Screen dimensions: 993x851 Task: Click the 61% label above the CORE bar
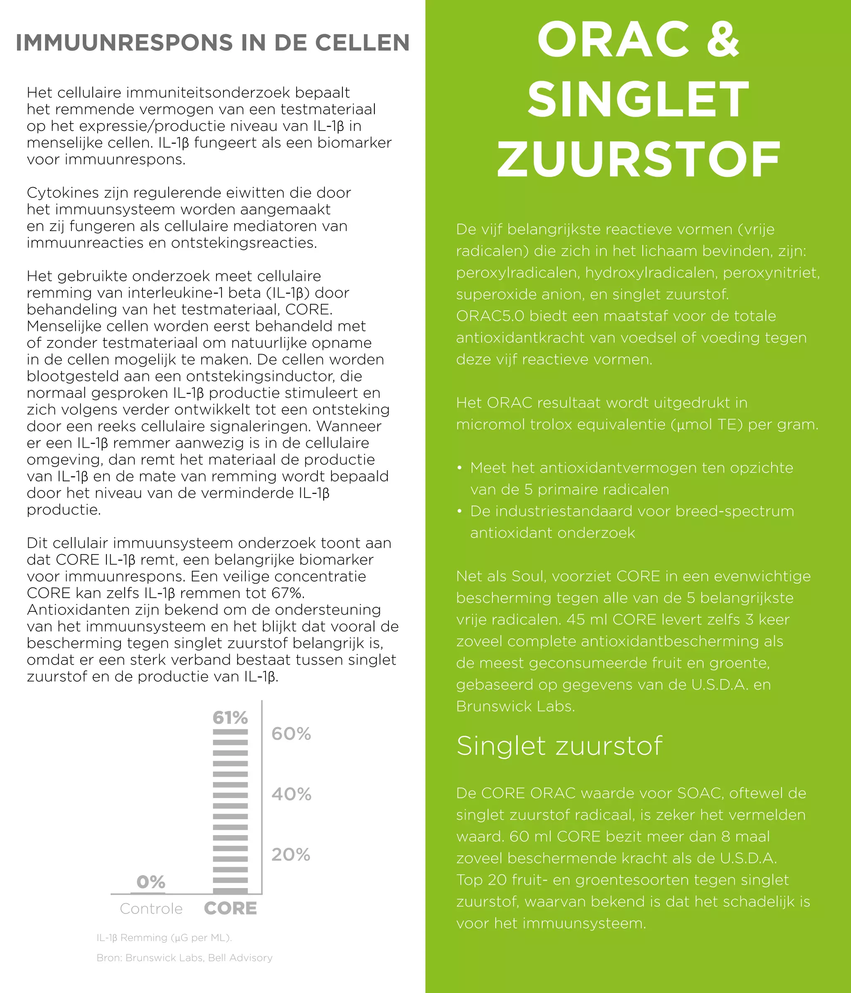coord(231,717)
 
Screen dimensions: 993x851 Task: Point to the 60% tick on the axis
coord(291,734)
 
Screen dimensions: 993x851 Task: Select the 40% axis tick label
coord(291,794)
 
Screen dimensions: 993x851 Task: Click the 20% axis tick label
coord(291,855)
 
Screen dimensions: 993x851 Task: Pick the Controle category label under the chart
coord(151,909)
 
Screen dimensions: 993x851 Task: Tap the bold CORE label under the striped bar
coord(231,909)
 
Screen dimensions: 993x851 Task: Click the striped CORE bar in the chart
coord(231,810)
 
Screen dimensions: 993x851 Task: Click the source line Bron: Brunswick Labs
coord(184,958)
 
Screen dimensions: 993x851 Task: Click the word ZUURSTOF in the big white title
coord(638,159)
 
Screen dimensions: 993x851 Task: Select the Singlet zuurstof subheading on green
coord(559,746)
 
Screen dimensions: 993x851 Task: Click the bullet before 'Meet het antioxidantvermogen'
coord(460,468)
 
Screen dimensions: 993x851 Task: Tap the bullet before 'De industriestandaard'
coord(460,511)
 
